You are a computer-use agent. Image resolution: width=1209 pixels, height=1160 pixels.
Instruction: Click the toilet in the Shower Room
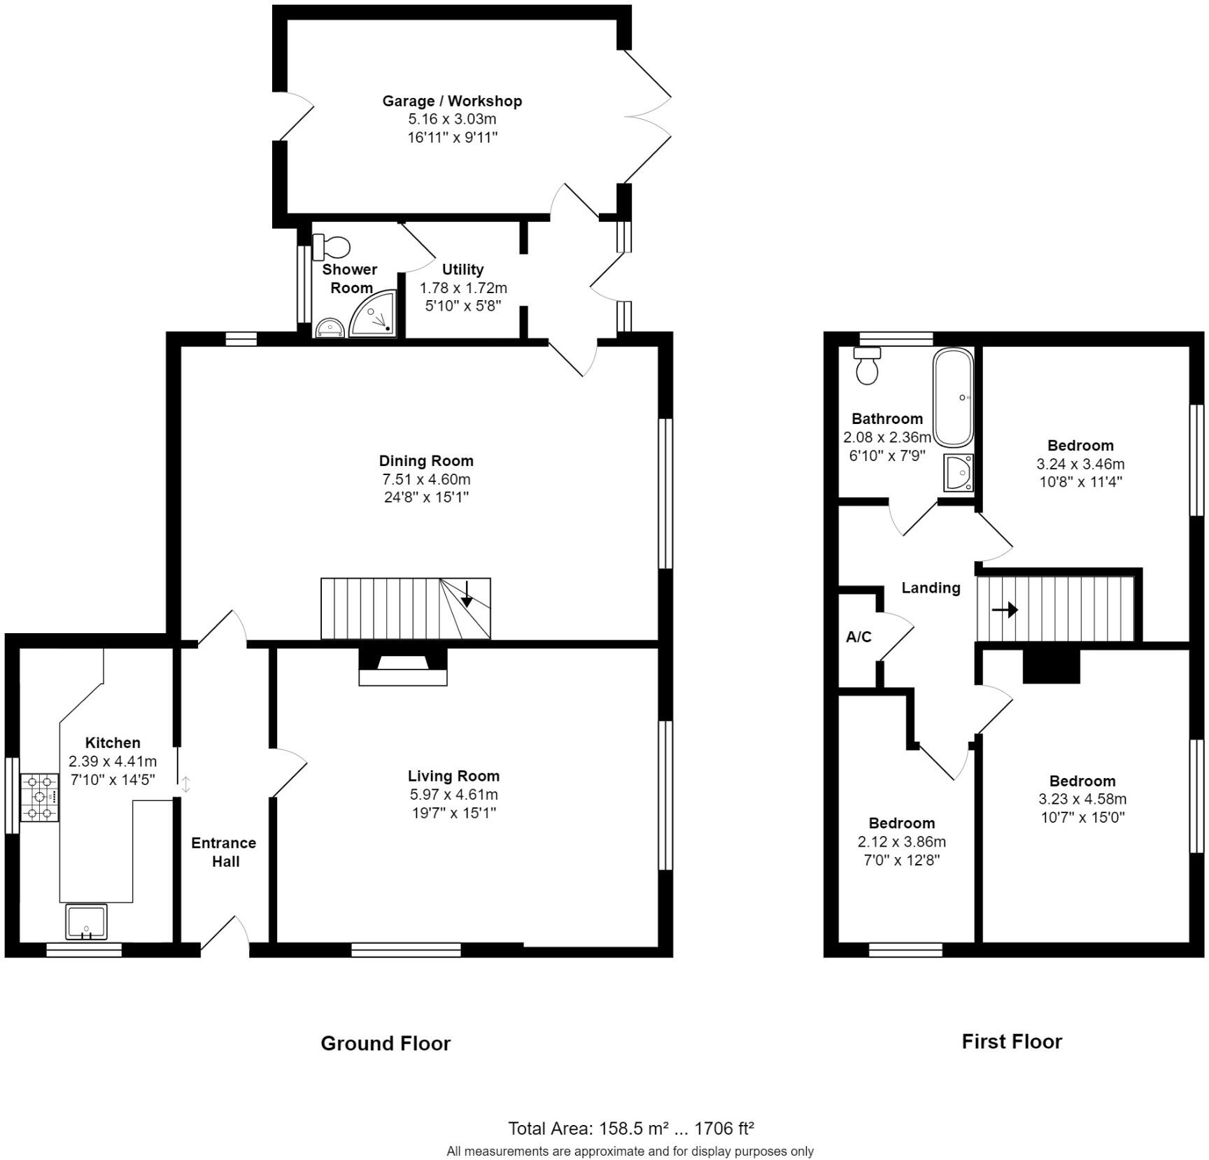point(332,246)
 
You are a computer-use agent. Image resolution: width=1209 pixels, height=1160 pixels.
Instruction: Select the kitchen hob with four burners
point(40,797)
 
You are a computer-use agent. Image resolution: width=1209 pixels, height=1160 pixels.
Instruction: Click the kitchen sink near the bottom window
point(86,921)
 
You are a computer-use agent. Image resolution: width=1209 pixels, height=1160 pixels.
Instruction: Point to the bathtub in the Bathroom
point(952,397)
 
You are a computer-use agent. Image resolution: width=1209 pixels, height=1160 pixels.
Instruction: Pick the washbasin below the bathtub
point(958,473)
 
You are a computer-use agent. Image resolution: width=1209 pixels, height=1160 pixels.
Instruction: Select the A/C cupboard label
point(858,637)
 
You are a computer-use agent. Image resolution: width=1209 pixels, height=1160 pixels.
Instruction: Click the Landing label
point(930,588)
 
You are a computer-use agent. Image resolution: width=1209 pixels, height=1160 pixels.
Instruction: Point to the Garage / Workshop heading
point(452,101)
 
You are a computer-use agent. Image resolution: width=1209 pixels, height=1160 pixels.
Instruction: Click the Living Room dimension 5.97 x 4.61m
point(453,794)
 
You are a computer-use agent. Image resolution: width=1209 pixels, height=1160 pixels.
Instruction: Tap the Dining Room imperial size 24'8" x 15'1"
point(426,497)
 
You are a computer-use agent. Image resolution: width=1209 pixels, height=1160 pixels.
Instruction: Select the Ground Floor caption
point(386,1043)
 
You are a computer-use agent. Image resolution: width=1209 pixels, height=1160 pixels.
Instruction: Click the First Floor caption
point(1011,1041)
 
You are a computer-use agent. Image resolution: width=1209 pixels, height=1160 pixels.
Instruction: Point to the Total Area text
point(630,1128)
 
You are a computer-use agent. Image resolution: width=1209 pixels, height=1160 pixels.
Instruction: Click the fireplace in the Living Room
point(402,667)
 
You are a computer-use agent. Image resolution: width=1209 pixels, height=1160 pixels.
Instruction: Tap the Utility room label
point(462,269)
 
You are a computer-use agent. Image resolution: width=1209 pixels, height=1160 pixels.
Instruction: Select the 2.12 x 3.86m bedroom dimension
point(901,842)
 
